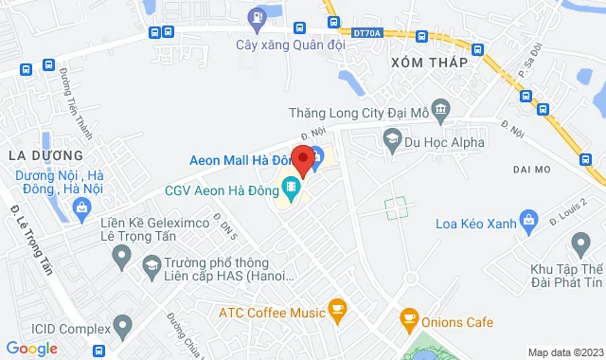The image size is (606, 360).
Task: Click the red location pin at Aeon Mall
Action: click(302, 159)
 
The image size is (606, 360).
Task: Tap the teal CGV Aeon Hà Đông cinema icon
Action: click(291, 189)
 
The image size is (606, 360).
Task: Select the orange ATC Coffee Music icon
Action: click(337, 310)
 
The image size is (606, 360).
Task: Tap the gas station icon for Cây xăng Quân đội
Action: click(256, 17)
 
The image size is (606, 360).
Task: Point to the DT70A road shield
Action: click(365, 33)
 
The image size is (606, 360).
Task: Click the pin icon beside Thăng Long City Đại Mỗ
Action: click(440, 111)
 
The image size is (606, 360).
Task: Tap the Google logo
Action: click(31, 349)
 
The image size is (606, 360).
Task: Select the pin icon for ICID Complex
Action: click(122, 329)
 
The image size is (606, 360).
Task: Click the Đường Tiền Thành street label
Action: click(76, 96)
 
